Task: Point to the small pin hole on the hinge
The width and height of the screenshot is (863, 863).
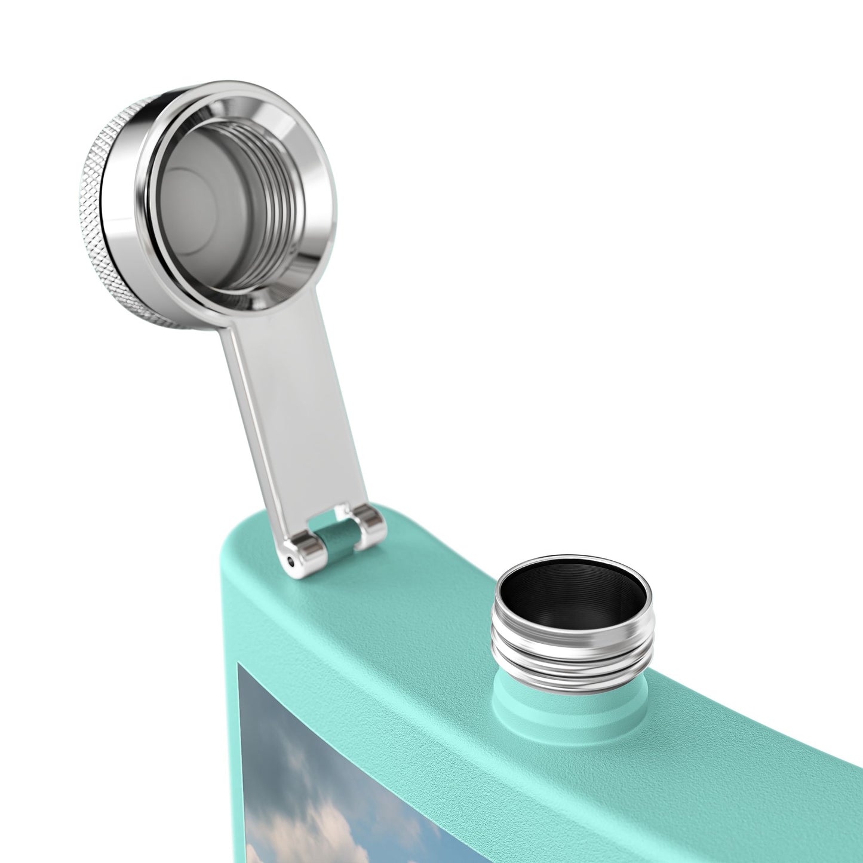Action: point(290,561)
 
